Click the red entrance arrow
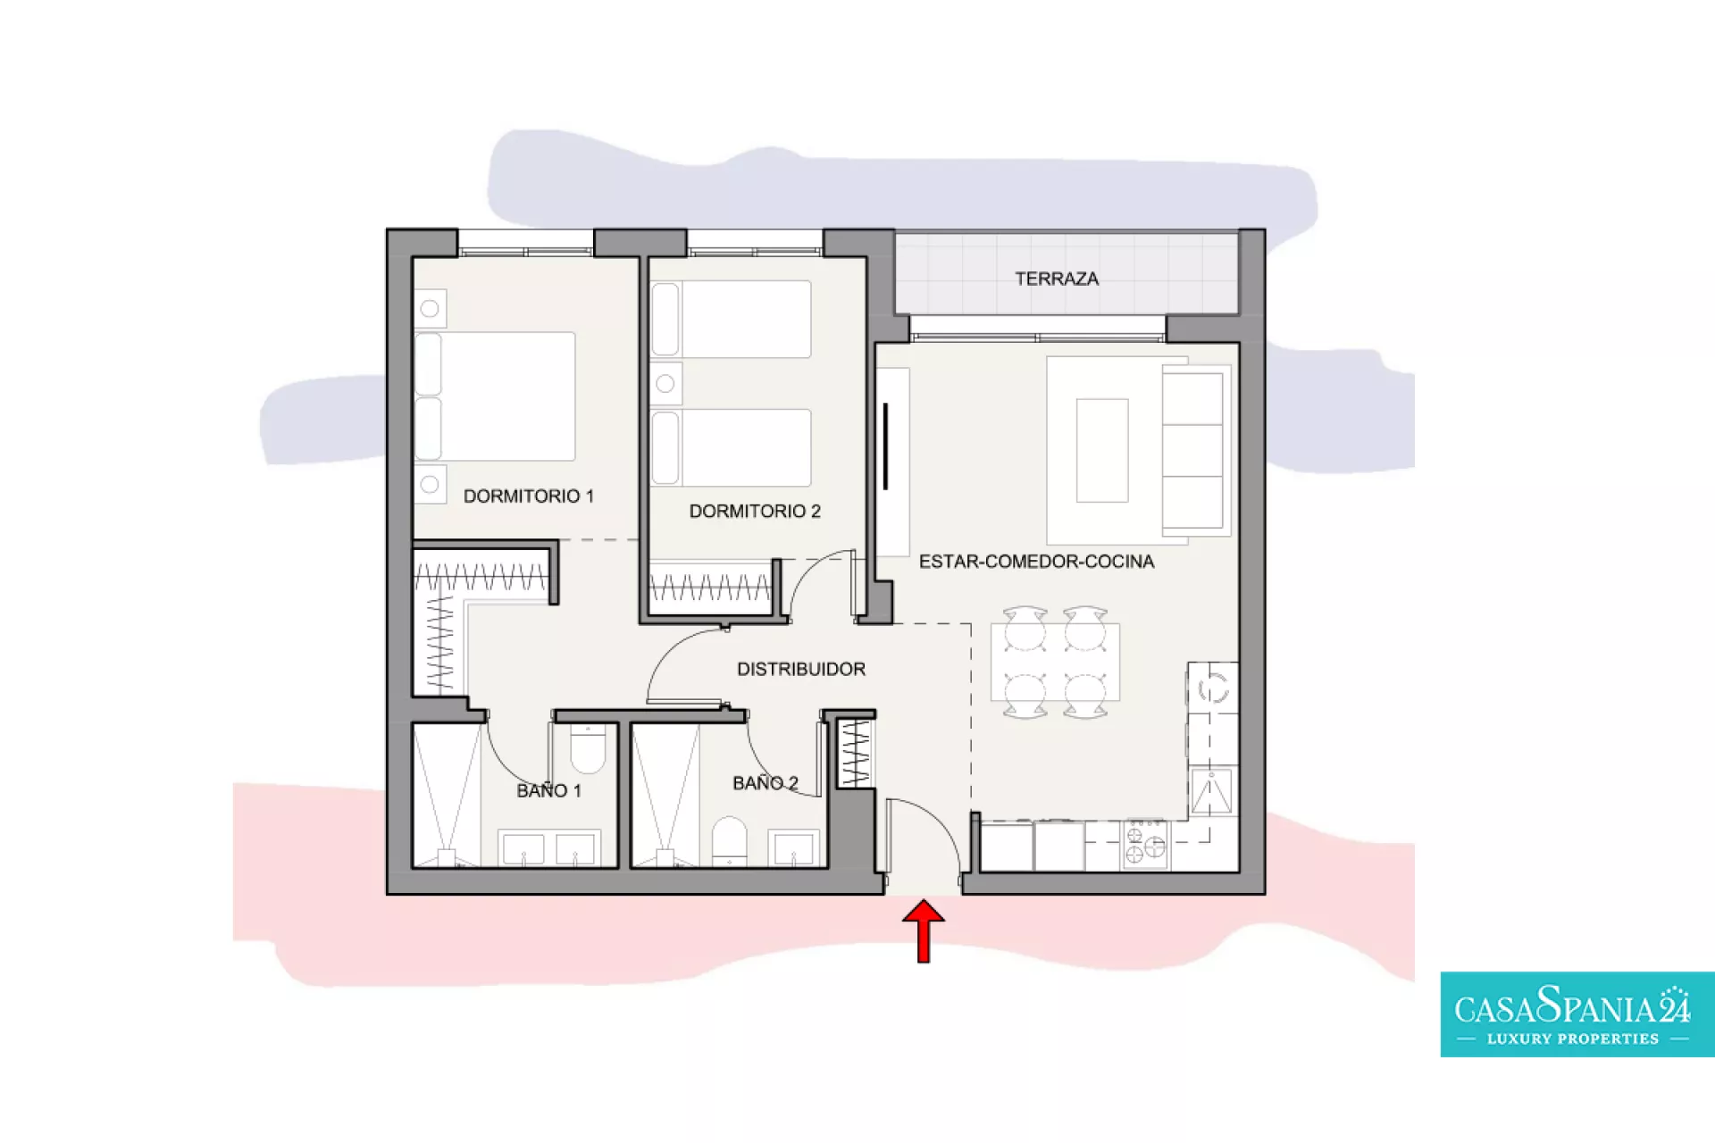924,930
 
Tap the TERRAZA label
1057,279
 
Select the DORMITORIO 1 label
529,496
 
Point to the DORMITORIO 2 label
755,511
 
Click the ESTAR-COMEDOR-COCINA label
1036,562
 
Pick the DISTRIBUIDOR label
801,669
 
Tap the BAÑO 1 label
548,790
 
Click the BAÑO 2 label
765,783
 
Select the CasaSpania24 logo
1577,1014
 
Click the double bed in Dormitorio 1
495,396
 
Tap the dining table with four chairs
1055,662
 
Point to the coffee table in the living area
1102,450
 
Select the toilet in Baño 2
729,840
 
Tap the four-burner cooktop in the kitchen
1145,843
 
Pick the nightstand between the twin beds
665,384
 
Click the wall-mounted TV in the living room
886,446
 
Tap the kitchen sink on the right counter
1211,791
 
